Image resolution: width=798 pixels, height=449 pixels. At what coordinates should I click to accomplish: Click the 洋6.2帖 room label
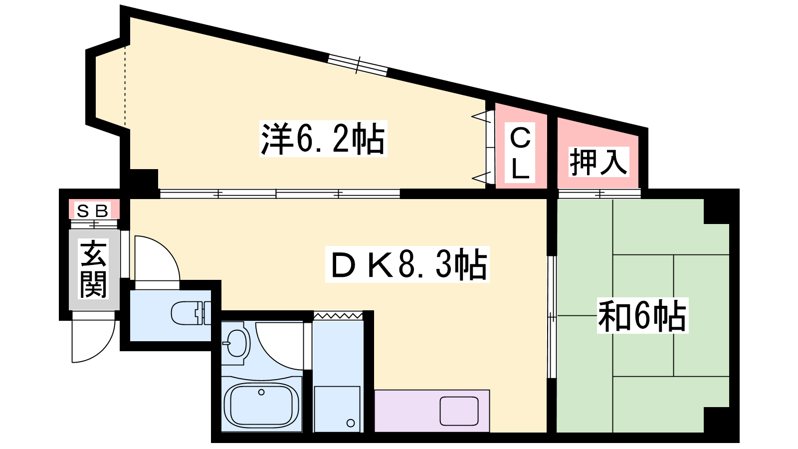tap(323, 139)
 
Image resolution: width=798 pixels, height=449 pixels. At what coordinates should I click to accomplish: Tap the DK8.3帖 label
tap(407, 264)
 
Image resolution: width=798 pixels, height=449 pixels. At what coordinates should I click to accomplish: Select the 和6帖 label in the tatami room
tap(642, 315)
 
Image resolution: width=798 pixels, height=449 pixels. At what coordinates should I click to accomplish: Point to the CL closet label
tap(520, 153)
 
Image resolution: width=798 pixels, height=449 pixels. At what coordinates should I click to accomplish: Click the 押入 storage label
tap(598, 162)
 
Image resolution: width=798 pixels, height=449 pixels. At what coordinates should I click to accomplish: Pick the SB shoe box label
tap(93, 211)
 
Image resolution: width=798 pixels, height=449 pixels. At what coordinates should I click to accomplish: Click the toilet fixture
tap(191, 313)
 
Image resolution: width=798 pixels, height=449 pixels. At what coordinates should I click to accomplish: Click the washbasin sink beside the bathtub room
tap(237, 343)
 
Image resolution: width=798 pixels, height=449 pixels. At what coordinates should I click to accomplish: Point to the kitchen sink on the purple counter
tap(459, 411)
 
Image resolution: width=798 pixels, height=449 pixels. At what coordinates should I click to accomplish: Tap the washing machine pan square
tap(337, 409)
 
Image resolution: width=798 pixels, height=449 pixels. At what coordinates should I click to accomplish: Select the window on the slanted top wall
tap(357, 65)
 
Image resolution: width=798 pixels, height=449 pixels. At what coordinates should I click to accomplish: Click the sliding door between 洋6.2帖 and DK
tap(280, 194)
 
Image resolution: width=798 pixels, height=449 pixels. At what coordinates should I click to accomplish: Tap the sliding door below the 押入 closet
tap(599, 194)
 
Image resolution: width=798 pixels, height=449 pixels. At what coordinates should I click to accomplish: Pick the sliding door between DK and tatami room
tap(552, 317)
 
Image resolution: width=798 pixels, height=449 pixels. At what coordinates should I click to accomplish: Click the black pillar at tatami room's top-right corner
tap(720, 208)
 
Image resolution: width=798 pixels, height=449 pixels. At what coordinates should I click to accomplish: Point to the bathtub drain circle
tap(261, 392)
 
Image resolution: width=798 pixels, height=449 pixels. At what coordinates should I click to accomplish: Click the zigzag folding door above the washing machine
tap(338, 316)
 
